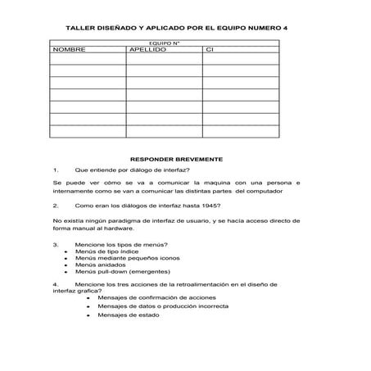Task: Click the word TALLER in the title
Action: click(x=79, y=27)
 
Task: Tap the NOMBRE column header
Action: click(x=69, y=51)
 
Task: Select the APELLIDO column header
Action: click(x=147, y=51)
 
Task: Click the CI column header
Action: click(x=210, y=51)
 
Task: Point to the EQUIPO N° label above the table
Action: click(x=164, y=43)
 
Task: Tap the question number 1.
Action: click(x=55, y=170)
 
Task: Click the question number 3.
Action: click(x=55, y=244)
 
